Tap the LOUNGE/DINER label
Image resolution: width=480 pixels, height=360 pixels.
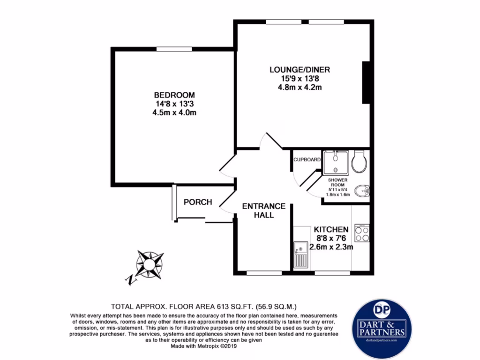click(x=299, y=70)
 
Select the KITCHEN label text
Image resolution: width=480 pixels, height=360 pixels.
click(x=331, y=229)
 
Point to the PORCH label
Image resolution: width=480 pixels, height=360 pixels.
click(x=197, y=202)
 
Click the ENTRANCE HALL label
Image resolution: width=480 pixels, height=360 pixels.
click(x=263, y=210)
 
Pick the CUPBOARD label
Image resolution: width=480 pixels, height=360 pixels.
click(x=307, y=159)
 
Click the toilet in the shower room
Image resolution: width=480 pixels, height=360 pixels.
click(x=360, y=161)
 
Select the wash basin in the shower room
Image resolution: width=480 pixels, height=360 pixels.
click(x=362, y=191)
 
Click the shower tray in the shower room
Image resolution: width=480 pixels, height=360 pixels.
click(x=336, y=162)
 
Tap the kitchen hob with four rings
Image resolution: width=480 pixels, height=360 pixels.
click(x=362, y=233)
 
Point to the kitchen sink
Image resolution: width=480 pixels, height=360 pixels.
click(x=300, y=255)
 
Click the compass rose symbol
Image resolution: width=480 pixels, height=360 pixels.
click(x=149, y=265)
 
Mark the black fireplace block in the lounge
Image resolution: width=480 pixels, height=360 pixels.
click(x=367, y=82)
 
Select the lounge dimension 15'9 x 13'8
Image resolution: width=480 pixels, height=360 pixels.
click(x=299, y=78)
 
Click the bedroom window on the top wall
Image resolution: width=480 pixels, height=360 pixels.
click(x=174, y=49)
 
